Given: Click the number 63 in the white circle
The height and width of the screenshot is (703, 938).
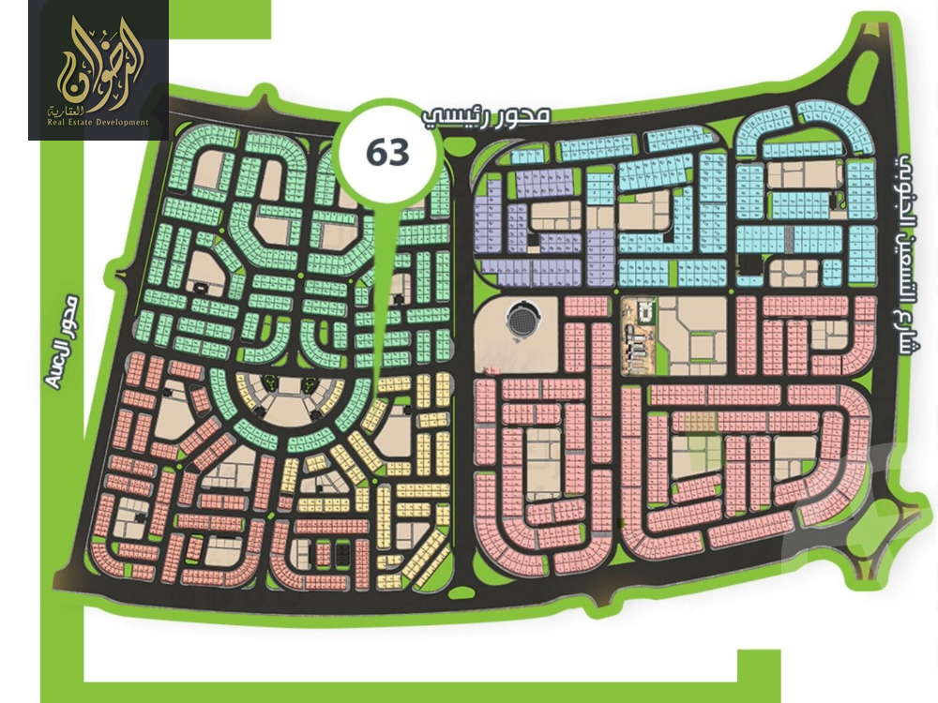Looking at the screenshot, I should pos(388,152).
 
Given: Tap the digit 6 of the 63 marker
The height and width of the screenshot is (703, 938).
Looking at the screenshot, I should pos(377,152).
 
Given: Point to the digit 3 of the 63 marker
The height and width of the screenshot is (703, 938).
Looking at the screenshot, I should pos(401,152).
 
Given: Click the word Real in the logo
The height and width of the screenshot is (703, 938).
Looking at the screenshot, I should pos(57,122).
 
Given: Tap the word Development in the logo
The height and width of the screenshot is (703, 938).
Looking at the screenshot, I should pos(121,122).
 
